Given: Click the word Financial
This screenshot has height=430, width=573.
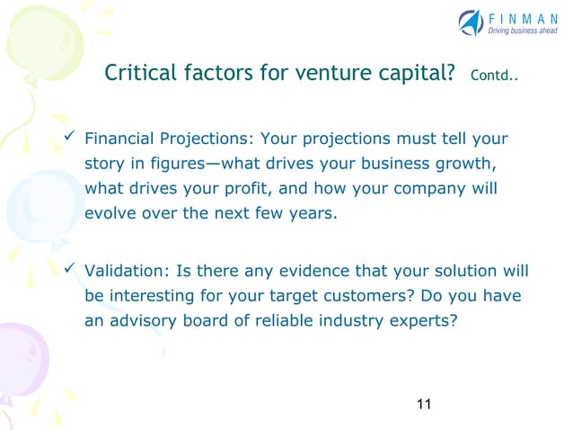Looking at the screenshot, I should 119,140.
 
